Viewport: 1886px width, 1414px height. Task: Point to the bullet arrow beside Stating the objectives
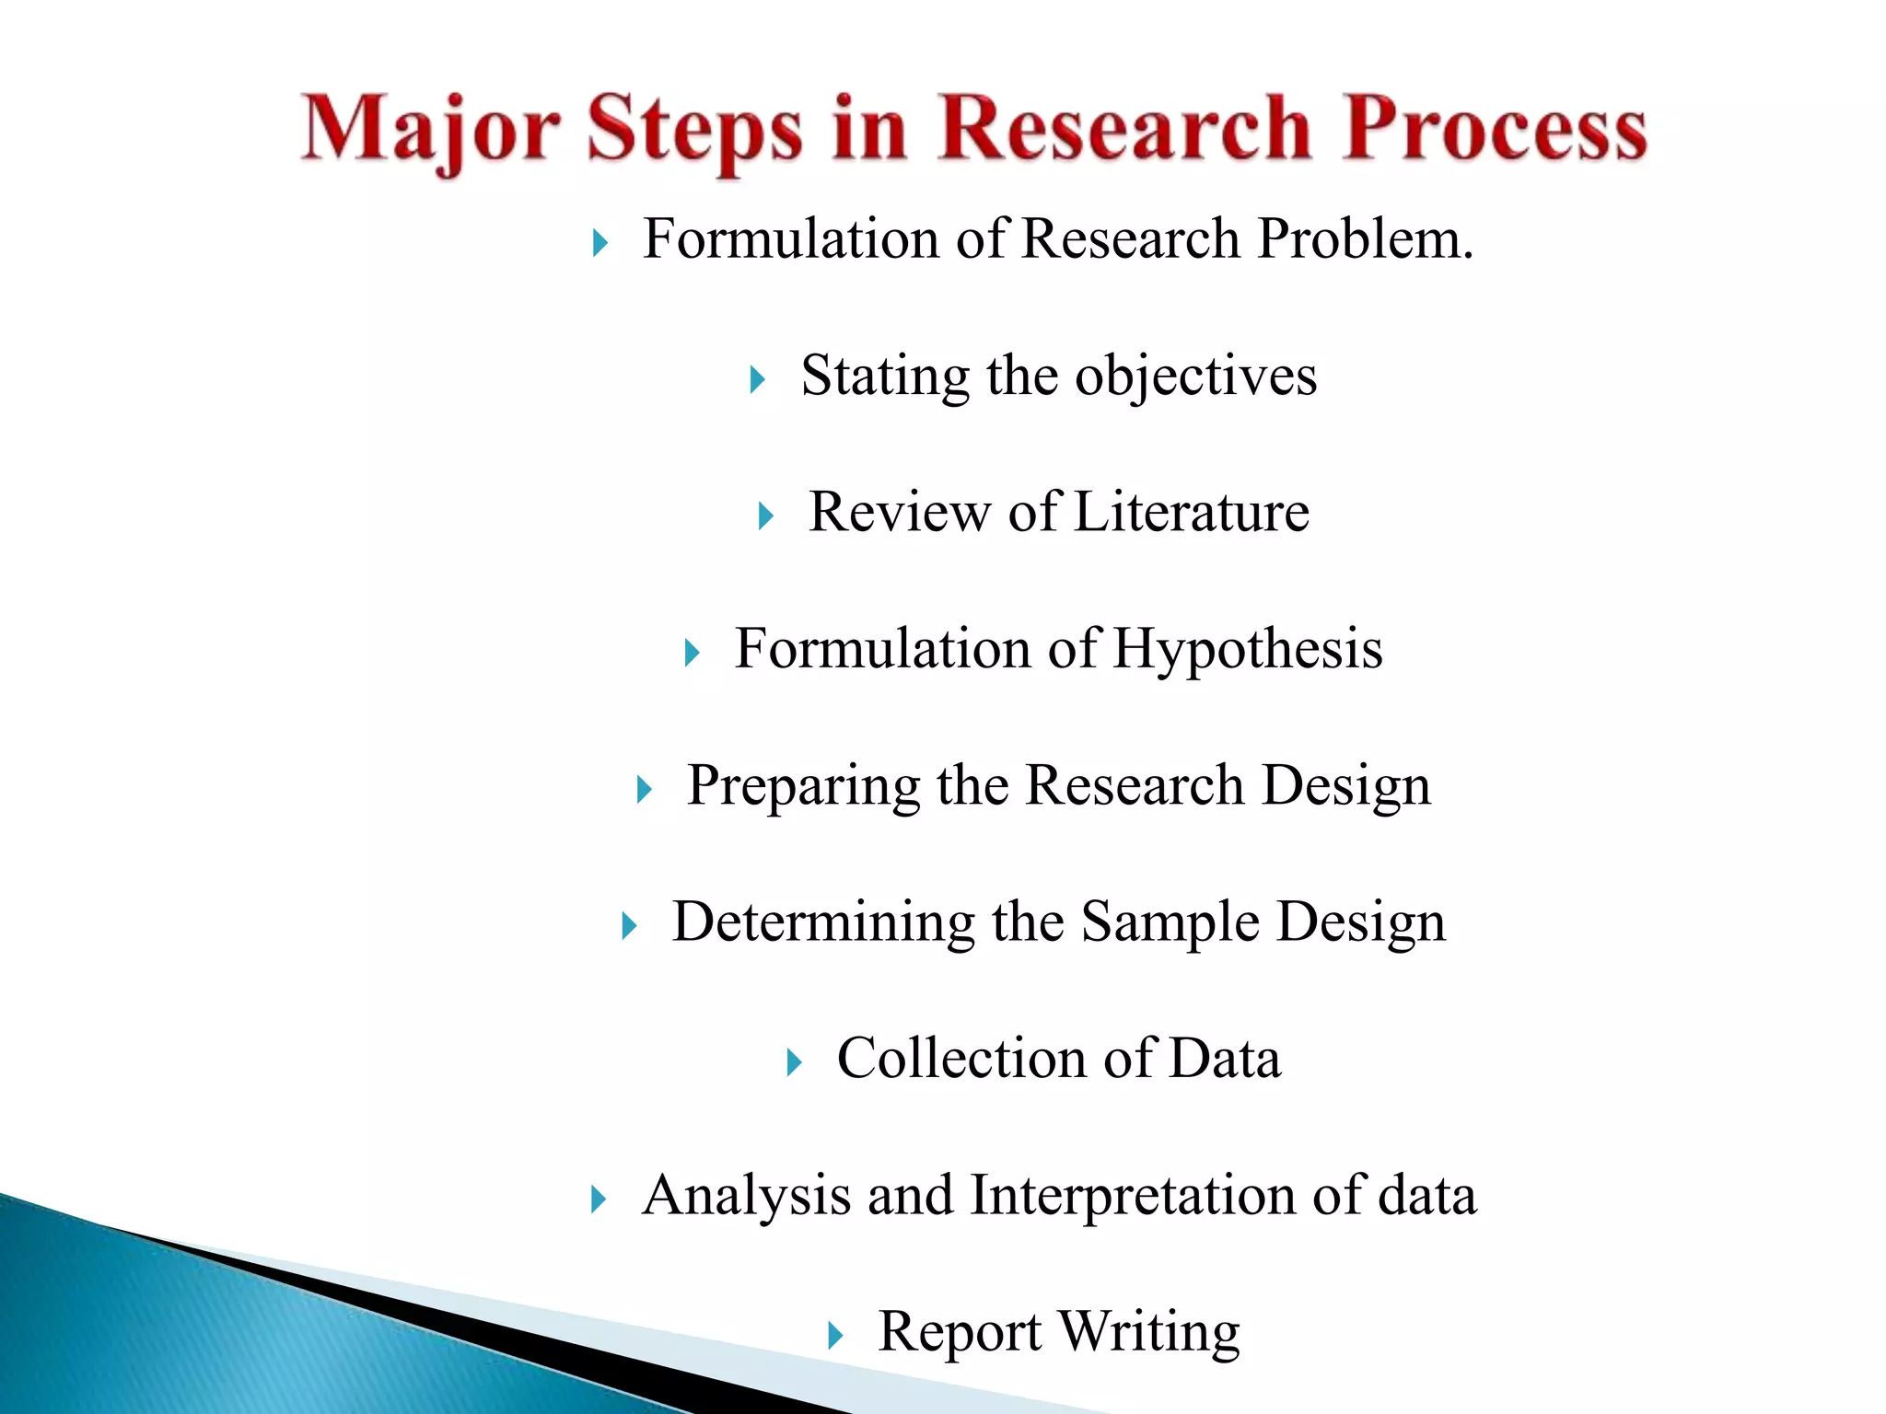[x=757, y=379]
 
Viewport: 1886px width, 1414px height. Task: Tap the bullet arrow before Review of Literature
[x=765, y=516]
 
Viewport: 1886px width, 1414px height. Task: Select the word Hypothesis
[x=1247, y=650]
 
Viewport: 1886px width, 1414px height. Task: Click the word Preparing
[x=803, y=786]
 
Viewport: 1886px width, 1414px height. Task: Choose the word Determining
[x=823, y=921]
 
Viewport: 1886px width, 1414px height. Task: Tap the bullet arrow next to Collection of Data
[x=794, y=1063]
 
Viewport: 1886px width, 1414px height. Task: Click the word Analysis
[x=746, y=1196]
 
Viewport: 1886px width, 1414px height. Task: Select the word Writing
[x=1148, y=1333]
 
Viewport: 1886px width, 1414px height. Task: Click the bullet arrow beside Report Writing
[x=834, y=1336]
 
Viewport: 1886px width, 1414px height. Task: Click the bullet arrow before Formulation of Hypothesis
[x=692, y=654]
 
